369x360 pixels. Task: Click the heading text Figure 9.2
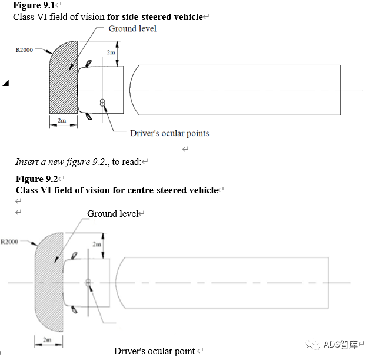click(x=38, y=179)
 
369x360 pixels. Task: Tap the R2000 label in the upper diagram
click(x=24, y=50)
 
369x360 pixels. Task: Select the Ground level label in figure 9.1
click(x=132, y=28)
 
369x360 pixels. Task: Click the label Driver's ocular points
click(x=169, y=133)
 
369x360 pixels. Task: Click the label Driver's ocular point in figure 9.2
click(x=154, y=351)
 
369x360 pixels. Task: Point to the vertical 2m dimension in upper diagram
click(x=111, y=52)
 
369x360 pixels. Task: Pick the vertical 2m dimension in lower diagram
click(x=97, y=244)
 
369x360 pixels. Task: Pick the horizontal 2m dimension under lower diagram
click(x=48, y=340)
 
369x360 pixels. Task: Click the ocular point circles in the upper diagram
click(x=102, y=104)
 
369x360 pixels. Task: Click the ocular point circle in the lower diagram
click(x=88, y=283)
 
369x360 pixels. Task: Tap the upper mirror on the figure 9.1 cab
click(x=89, y=64)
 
